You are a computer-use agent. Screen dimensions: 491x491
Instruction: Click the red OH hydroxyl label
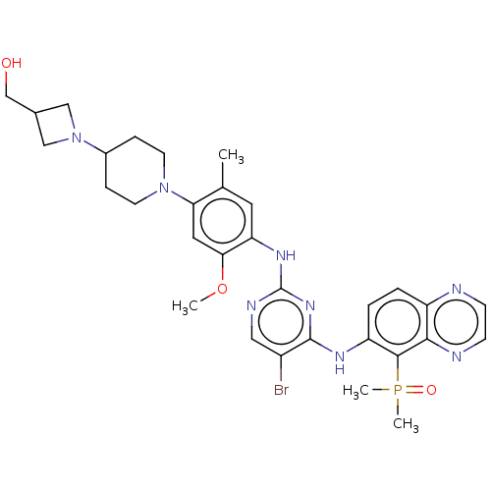pyautogui.click(x=12, y=63)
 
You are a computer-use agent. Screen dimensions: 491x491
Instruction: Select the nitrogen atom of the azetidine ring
pyautogui.click(x=77, y=137)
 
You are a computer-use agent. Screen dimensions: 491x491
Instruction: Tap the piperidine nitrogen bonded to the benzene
pyautogui.click(x=164, y=188)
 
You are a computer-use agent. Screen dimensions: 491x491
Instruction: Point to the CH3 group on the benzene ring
pyautogui.click(x=231, y=155)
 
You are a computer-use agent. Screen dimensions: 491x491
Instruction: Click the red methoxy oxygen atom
pyautogui.click(x=222, y=289)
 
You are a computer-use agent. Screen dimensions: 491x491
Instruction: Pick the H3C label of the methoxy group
pyautogui.click(x=185, y=306)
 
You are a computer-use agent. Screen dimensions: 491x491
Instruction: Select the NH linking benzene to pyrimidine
pyautogui.click(x=286, y=255)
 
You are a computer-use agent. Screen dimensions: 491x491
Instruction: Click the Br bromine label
pyautogui.click(x=281, y=390)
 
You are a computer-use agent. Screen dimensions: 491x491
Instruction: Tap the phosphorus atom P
pyautogui.click(x=398, y=390)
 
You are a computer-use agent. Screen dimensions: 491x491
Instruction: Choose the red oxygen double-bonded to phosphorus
pyautogui.click(x=431, y=390)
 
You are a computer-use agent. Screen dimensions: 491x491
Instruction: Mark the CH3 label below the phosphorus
pyautogui.click(x=406, y=424)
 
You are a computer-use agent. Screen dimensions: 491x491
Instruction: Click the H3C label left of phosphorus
pyautogui.click(x=355, y=391)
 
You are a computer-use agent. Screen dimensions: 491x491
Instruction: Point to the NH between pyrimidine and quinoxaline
pyautogui.click(x=340, y=362)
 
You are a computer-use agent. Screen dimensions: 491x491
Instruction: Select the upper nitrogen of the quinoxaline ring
pyautogui.click(x=457, y=289)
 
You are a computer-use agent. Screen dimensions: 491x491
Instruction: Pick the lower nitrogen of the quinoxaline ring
pyautogui.click(x=457, y=356)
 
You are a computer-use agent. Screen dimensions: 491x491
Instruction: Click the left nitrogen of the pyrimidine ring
pyautogui.click(x=251, y=305)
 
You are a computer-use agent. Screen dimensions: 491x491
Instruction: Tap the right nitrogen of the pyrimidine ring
pyautogui.click(x=310, y=305)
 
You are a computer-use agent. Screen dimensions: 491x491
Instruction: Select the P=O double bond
pyautogui.click(x=414, y=390)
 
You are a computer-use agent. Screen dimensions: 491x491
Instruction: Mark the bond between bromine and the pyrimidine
pyautogui.click(x=281, y=368)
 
